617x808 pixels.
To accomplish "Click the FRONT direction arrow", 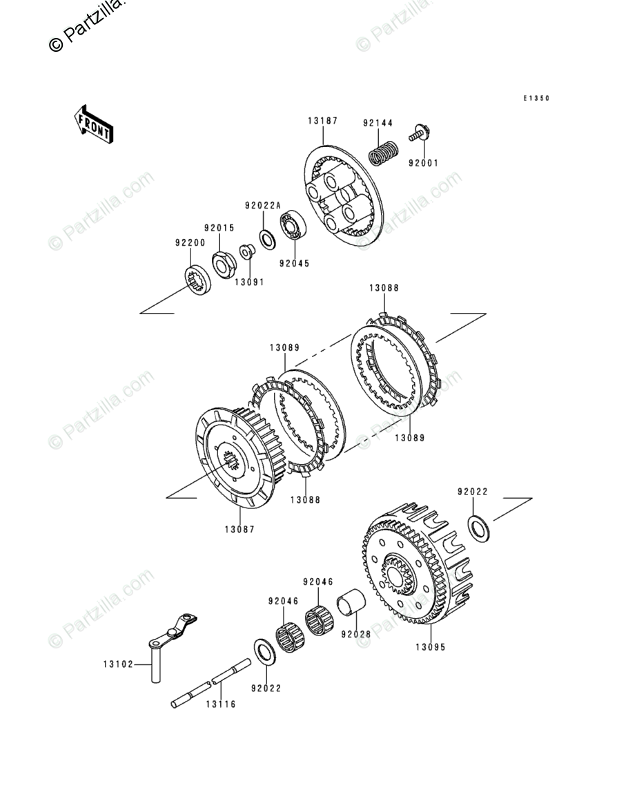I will point(94,124).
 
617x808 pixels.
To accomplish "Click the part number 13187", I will point(322,121).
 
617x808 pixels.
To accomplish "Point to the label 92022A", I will point(263,205).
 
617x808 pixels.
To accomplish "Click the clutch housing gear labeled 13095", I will point(414,566).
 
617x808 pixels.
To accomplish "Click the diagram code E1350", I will point(536,99).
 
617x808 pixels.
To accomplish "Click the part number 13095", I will point(431,648).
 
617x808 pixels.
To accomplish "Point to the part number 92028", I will point(356,633).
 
